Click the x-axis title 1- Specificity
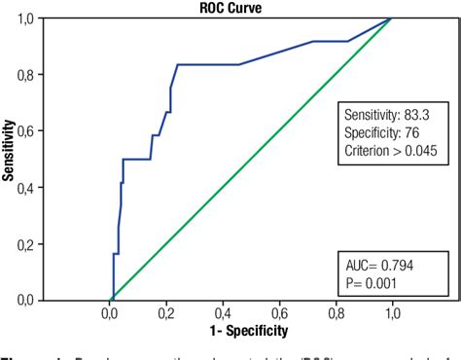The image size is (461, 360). [x=250, y=332]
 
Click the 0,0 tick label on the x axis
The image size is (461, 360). [x=110, y=314]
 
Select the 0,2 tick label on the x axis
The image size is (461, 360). [x=166, y=314]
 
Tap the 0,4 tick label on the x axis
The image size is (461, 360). [x=223, y=314]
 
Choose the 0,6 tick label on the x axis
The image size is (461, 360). [x=280, y=314]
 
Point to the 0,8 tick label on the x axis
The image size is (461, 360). [x=337, y=314]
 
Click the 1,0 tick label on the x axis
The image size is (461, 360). [x=393, y=314]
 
